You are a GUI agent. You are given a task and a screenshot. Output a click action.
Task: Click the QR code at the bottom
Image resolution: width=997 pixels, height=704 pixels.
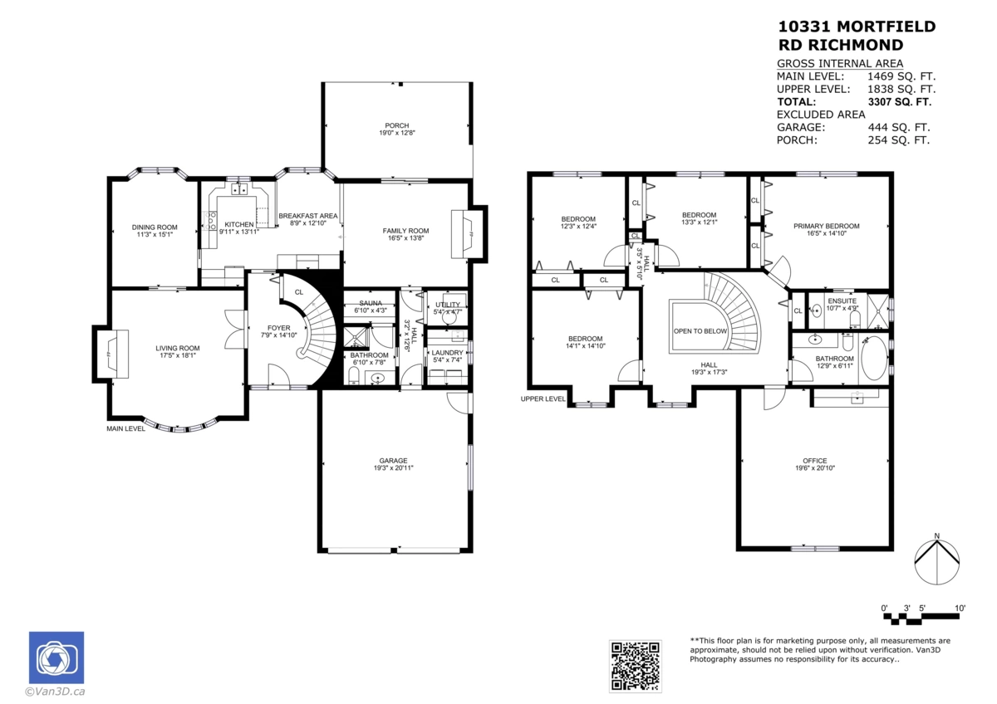[x=636, y=666]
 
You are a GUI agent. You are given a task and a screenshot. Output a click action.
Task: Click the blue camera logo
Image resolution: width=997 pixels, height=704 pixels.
[x=56, y=658]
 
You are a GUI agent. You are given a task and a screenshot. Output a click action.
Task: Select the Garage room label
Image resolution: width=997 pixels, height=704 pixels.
[x=393, y=461]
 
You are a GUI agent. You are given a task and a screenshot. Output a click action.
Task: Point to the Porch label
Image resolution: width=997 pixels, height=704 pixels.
[x=396, y=125]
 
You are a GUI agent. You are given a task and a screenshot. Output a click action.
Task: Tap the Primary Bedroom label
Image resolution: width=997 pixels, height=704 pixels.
[x=826, y=226]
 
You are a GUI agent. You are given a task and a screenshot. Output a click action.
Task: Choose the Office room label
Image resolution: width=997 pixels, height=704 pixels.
[x=814, y=461]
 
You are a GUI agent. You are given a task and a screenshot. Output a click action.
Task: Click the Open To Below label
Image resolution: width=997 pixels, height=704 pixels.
[x=700, y=330]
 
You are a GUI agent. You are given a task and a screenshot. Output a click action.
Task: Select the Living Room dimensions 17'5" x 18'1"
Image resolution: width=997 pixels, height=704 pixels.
[x=178, y=358]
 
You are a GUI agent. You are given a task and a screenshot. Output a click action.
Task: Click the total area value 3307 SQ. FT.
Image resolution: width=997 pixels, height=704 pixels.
[x=899, y=102]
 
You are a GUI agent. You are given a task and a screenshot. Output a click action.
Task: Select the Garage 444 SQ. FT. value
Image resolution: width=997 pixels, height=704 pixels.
[x=899, y=128]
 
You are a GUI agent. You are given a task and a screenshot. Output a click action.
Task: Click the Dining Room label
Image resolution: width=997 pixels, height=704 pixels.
[x=155, y=227]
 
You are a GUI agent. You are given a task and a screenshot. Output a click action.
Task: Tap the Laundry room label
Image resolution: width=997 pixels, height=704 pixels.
[x=447, y=352]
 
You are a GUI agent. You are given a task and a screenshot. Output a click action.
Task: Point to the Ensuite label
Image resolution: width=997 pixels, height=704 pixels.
[x=842, y=301]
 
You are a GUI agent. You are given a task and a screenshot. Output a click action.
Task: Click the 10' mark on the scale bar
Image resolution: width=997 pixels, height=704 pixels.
[x=960, y=609]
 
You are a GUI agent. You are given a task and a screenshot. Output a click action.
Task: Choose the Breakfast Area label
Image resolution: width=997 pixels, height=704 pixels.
[x=307, y=215]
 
